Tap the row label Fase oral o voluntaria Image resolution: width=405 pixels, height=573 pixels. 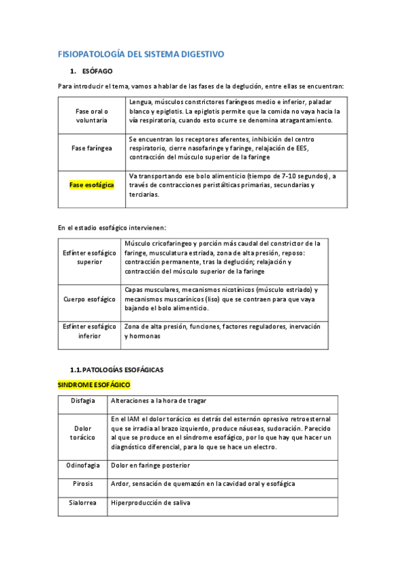(x=92, y=115)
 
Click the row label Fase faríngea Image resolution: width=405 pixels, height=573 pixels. (x=92, y=147)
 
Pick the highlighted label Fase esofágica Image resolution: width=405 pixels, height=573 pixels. (x=92, y=184)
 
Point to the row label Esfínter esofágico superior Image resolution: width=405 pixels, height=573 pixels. (x=89, y=257)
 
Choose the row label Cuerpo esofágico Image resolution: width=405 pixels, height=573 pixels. (x=89, y=299)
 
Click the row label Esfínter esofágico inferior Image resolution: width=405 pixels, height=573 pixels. (x=89, y=331)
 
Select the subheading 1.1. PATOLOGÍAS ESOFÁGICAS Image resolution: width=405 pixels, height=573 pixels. (x=117, y=370)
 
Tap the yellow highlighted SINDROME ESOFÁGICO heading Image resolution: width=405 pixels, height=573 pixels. (x=93, y=384)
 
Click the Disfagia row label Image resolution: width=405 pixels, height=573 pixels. (x=82, y=401)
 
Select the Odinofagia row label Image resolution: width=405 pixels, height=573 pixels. (x=82, y=466)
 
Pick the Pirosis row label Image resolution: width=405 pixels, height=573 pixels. (x=82, y=484)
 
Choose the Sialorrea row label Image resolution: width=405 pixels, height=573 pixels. (x=82, y=503)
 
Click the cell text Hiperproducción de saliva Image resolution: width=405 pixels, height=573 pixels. (x=151, y=503)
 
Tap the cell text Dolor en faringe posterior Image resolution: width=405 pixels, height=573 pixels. (x=151, y=466)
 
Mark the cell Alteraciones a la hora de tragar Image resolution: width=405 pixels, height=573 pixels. (x=159, y=401)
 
